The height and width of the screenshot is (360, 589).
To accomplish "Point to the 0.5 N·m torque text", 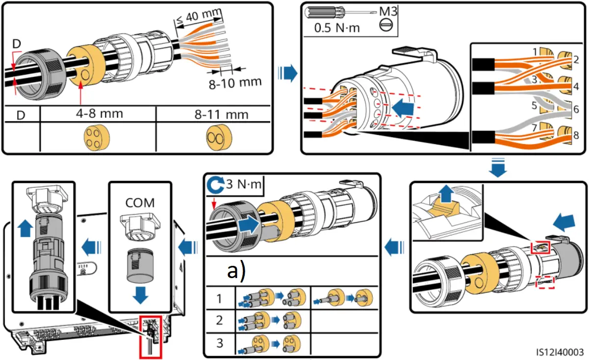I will point(337,27).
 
